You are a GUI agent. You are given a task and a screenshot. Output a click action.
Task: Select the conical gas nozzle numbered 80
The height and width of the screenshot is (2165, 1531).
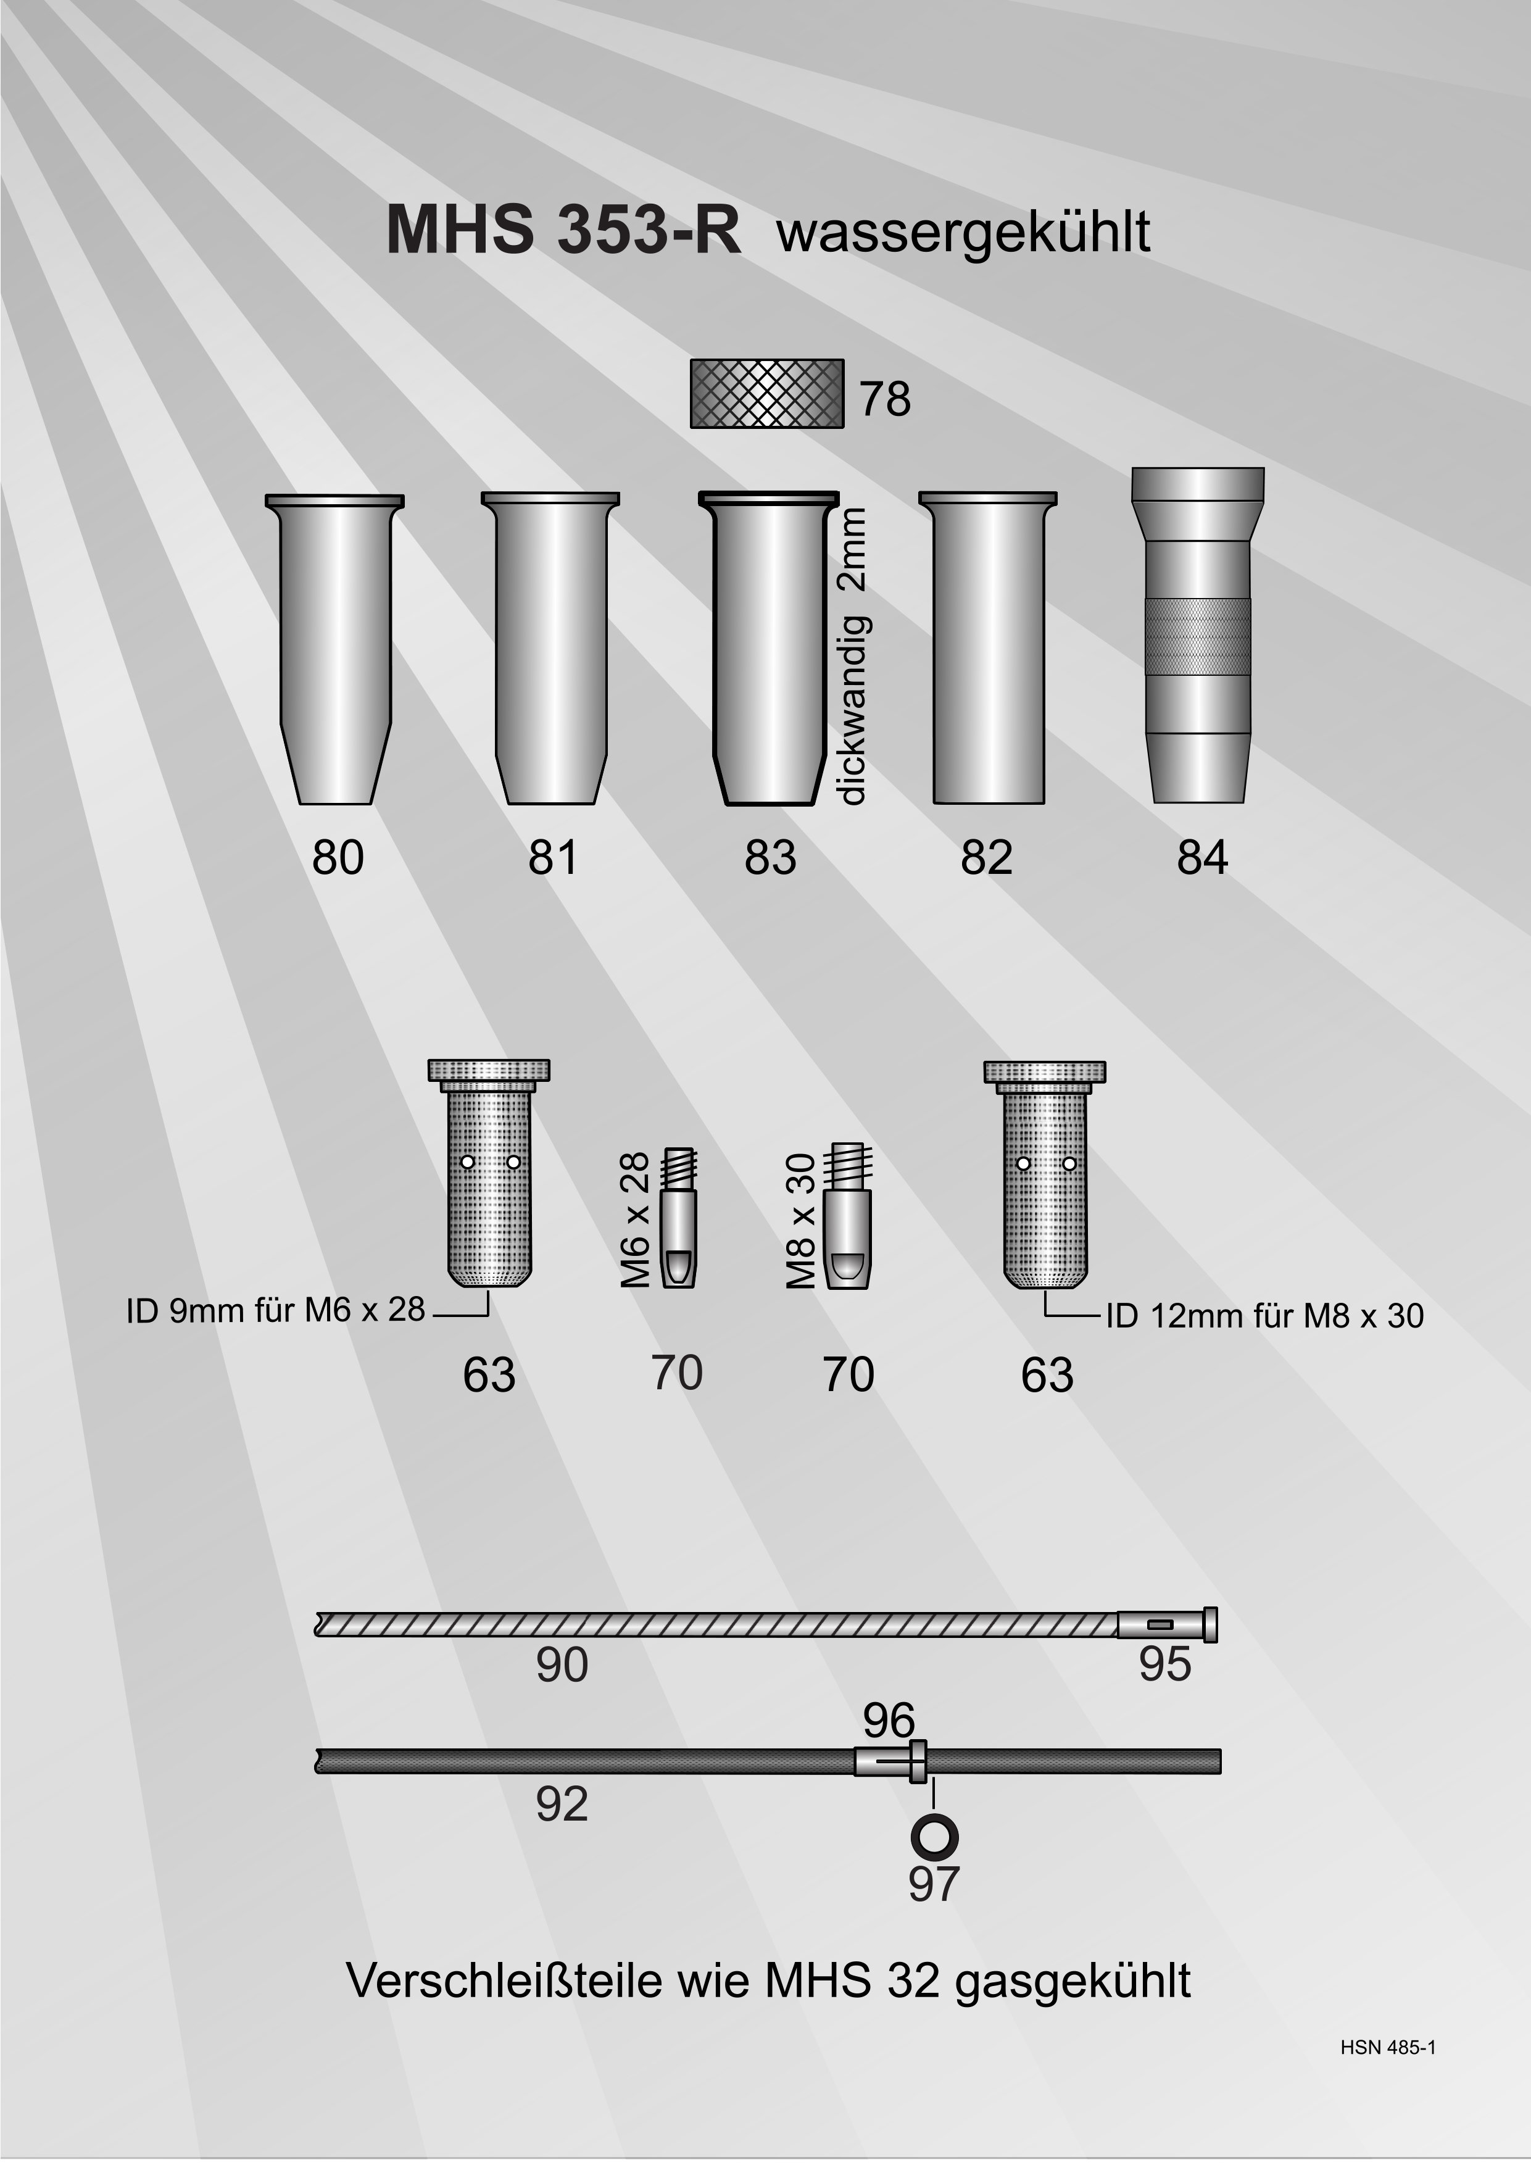[336, 650]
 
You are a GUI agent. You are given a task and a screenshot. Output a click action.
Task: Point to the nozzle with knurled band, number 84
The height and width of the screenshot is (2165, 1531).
[1197, 636]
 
